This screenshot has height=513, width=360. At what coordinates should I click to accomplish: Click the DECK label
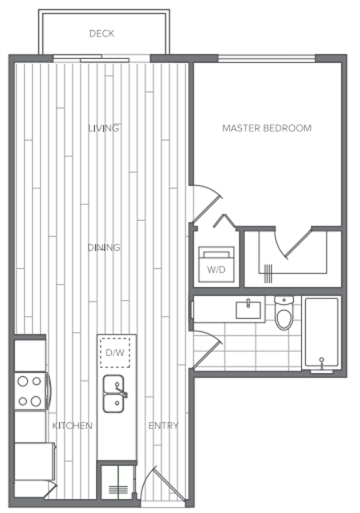[102, 34]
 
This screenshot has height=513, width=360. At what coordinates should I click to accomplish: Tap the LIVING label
[104, 128]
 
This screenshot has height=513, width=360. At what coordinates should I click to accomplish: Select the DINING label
[104, 247]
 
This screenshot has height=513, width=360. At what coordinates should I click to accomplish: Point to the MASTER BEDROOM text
[266, 128]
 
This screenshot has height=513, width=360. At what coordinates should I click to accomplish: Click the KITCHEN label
[72, 426]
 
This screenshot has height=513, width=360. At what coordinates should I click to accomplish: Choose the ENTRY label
[164, 426]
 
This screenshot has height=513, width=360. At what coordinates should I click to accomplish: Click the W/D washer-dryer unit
[217, 264]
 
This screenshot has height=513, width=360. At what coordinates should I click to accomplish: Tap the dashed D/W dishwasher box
[115, 353]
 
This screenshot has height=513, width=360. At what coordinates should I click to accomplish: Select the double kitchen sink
[114, 393]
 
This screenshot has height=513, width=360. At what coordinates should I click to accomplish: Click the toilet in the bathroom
[284, 313]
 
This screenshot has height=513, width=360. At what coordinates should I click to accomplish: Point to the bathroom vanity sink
[248, 310]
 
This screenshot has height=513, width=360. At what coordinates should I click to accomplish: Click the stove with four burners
[30, 391]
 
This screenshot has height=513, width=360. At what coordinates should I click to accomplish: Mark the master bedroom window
[266, 59]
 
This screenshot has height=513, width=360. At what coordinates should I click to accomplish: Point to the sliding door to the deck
[102, 59]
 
